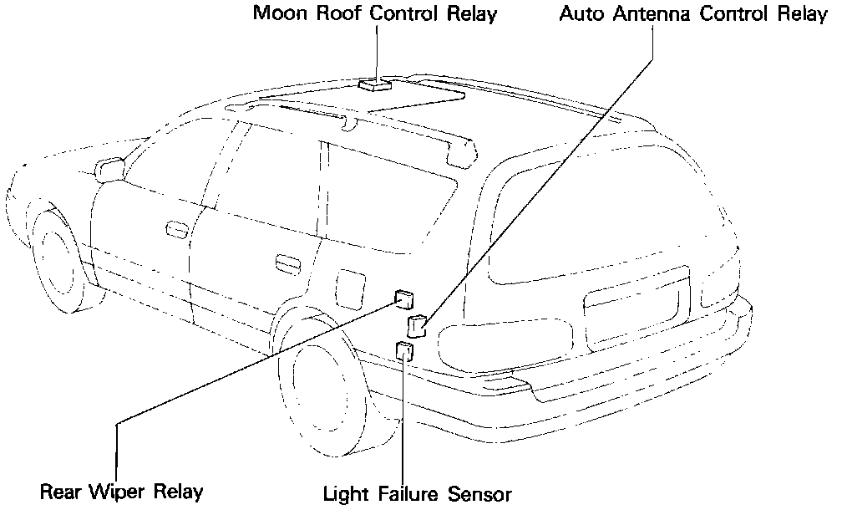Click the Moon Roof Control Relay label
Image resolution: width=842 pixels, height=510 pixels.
tap(375, 14)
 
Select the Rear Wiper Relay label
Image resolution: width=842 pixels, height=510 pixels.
tap(121, 491)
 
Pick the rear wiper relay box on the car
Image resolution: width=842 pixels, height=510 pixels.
tap(405, 297)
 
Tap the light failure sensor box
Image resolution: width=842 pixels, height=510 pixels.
tap(406, 350)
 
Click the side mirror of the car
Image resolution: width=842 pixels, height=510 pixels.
tap(109, 169)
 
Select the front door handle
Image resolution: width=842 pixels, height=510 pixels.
tap(176, 227)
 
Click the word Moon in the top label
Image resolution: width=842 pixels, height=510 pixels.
tap(279, 14)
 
